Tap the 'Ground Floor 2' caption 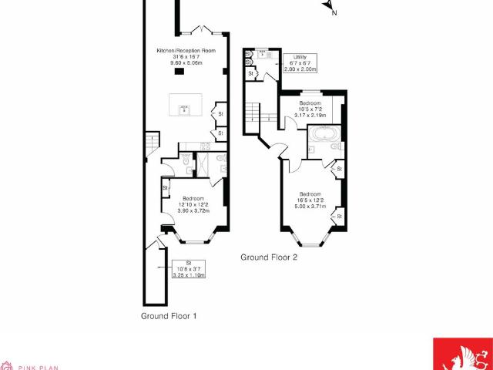[x=269, y=257]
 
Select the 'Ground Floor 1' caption [x=169, y=316]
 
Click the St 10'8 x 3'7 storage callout [x=189, y=269]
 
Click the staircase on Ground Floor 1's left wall [x=151, y=142]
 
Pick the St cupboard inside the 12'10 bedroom [x=165, y=187]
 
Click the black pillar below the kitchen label [x=179, y=72]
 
